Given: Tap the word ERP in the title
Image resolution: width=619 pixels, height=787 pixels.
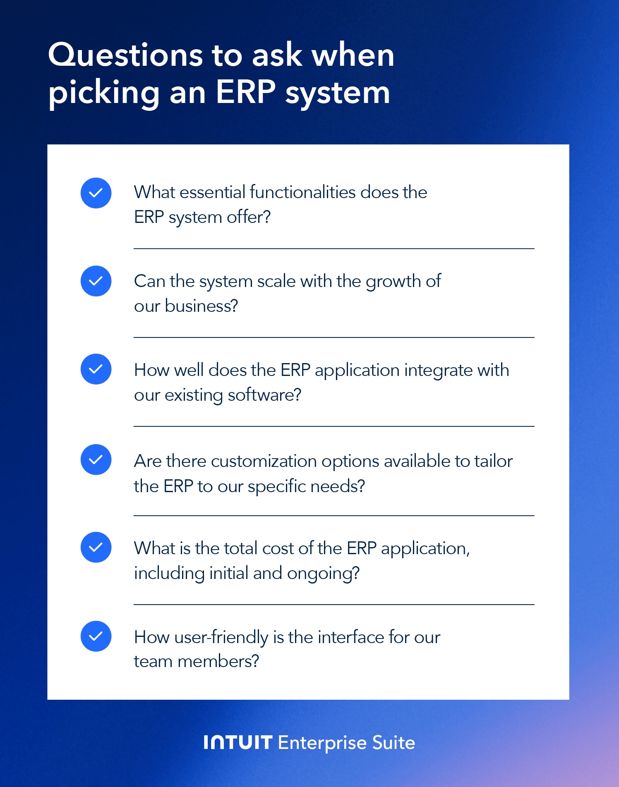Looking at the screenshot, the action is pyautogui.click(x=245, y=91).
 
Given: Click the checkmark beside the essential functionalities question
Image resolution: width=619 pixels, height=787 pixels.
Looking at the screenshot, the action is pyautogui.click(x=96, y=193).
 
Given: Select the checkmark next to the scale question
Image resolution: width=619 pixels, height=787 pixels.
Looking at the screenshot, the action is pyautogui.click(x=96, y=281).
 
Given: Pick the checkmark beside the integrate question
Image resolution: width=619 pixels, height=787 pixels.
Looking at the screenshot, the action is pyautogui.click(x=96, y=369).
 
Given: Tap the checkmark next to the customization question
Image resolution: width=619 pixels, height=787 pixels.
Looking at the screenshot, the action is pyautogui.click(x=96, y=460).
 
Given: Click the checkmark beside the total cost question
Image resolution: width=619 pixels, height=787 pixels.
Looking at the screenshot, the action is pyautogui.click(x=96, y=548).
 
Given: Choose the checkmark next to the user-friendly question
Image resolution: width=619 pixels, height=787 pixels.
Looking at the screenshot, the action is pyautogui.click(x=96, y=636).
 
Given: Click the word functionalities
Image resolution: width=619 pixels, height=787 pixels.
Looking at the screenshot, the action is pyautogui.click(x=302, y=192).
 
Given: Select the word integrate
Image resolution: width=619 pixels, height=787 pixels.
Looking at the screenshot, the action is pyautogui.click(x=438, y=371).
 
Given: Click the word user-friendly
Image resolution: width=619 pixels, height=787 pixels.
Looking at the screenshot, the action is pyautogui.click(x=221, y=638).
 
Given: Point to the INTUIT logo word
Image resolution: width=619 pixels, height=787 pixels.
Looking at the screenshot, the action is pyautogui.click(x=238, y=743).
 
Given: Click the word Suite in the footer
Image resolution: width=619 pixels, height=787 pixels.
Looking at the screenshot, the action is pyautogui.click(x=393, y=743).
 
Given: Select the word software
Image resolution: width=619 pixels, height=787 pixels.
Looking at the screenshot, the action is pyautogui.click(x=264, y=395).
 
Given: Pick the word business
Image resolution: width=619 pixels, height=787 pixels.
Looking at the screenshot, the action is pyautogui.click(x=202, y=306).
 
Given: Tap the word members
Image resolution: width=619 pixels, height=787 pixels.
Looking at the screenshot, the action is pyautogui.click(x=218, y=661).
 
